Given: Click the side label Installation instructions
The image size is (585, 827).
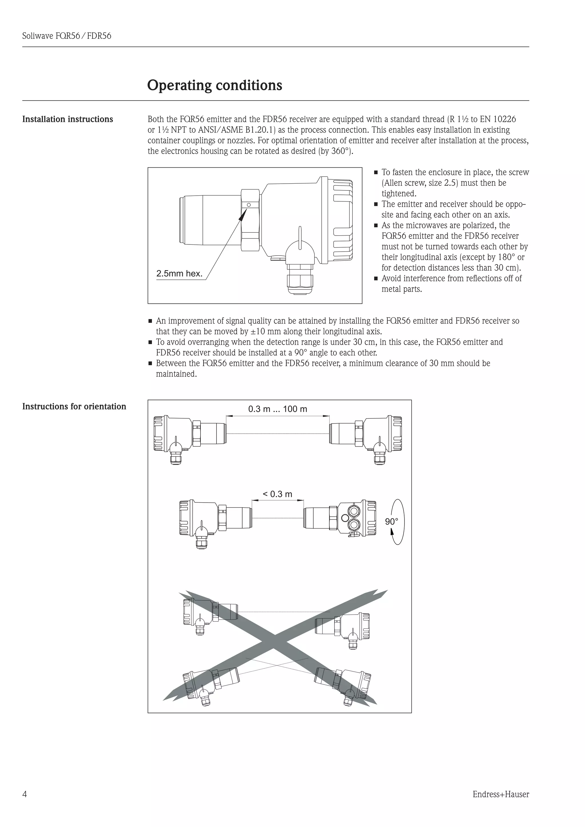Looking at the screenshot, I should pyautogui.click(x=67, y=119).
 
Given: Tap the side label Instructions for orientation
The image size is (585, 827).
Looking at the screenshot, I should pyautogui.click(x=74, y=406).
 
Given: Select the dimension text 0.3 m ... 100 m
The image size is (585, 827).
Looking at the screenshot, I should pyautogui.click(x=277, y=409).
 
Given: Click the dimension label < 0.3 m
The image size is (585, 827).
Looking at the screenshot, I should pyautogui.click(x=277, y=494).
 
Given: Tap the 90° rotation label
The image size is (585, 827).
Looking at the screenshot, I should pyautogui.click(x=392, y=521).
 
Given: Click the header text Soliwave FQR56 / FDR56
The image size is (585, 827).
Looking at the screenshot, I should pyautogui.click(x=67, y=36).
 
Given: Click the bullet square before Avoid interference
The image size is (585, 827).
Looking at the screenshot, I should pyautogui.click(x=375, y=279).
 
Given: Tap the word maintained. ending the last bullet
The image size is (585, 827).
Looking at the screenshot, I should pyautogui.click(x=176, y=374).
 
